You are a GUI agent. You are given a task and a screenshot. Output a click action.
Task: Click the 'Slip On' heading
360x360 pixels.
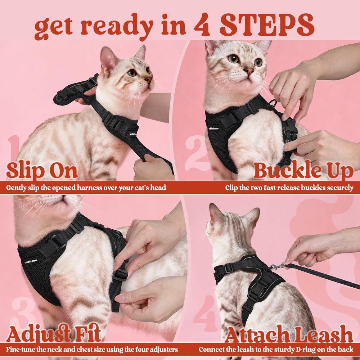click(42, 171)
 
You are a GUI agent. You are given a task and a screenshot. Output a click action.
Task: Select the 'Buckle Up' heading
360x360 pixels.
click(303, 171)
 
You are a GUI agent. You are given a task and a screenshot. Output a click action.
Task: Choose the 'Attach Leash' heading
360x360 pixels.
click(288, 335)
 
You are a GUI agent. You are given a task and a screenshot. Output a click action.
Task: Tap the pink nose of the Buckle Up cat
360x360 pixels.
click(249, 71)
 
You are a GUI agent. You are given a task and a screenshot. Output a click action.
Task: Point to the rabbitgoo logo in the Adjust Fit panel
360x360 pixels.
click(31, 261)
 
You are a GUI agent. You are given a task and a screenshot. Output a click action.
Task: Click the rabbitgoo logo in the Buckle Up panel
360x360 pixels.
click(213, 128)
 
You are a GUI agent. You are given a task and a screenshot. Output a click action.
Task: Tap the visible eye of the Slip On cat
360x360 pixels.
click(132, 72)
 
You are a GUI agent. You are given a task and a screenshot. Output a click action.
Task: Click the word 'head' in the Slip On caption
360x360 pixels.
click(158, 188)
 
